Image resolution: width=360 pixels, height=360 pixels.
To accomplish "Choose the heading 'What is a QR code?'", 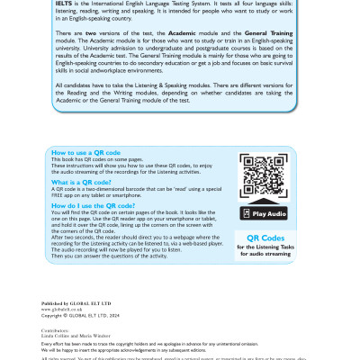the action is (82, 181).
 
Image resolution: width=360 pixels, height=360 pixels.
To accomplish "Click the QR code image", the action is (264, 176).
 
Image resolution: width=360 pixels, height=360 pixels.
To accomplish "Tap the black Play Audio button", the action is (264, 213).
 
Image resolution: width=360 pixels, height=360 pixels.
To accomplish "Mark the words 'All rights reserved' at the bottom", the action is (63, 357).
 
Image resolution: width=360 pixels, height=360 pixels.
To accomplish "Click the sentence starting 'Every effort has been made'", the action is (135, 345).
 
